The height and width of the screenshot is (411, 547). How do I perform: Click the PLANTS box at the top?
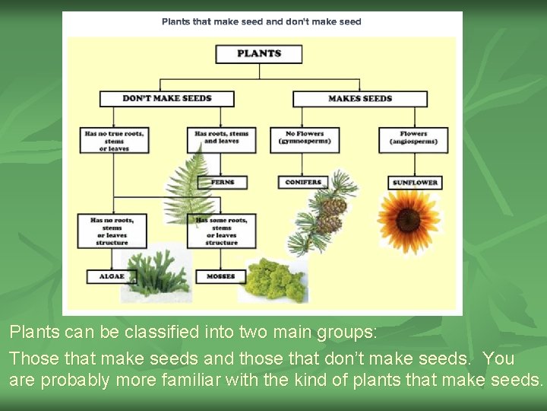(258, 54)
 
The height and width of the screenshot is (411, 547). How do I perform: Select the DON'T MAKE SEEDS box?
(166, 99)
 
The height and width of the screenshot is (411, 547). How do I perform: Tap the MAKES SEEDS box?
(360, 99)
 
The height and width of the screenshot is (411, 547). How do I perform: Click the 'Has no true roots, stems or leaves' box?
(114, 141)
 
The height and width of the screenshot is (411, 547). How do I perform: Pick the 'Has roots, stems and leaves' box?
(221, 138)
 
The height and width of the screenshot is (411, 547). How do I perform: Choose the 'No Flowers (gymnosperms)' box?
(304, 138)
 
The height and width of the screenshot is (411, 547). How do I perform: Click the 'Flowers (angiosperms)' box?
(413, 138)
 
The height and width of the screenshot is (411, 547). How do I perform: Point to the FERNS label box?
(222, 183)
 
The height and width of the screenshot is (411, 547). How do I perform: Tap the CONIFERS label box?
(303, 183)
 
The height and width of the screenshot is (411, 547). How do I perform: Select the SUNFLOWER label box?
(414, 183)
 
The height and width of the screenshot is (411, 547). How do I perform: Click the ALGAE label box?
(112, 276)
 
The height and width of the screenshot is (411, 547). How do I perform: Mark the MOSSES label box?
(220, 276)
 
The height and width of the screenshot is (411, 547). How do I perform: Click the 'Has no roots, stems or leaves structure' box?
(112, 231)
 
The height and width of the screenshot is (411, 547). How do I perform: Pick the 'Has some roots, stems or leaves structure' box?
(221, 231)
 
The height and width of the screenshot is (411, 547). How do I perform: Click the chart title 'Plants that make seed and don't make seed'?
(261, 22)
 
